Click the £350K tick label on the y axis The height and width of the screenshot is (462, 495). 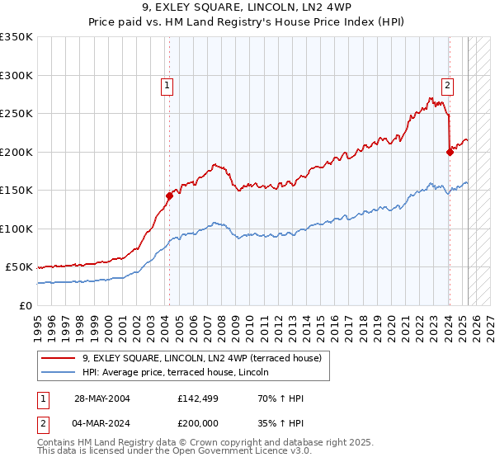[x=16, y=37]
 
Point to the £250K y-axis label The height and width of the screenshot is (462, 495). [x=16, y=114]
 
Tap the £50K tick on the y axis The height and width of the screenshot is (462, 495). [x=20, y=267]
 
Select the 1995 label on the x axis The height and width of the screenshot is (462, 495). [x=38, y=322]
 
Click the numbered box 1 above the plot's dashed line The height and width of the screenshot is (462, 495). [x=167, y=84]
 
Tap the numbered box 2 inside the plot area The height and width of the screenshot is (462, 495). [x=446, y=84]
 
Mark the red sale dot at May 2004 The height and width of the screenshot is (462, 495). [x=169, y=196]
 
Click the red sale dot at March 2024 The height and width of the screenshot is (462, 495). [x=450, y=152]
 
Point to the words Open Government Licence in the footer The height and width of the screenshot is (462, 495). [x=219, y=453]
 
